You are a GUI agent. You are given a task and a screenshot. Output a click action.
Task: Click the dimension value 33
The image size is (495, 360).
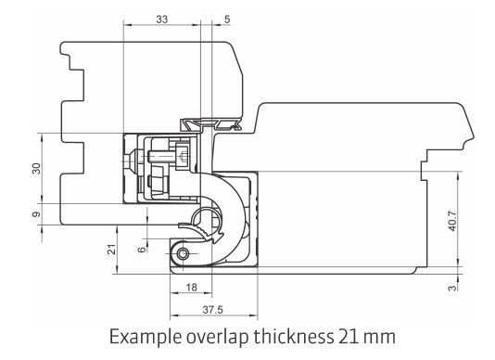[x=162, y=19]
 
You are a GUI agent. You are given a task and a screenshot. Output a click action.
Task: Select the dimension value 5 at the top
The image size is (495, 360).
[x=227, y=19]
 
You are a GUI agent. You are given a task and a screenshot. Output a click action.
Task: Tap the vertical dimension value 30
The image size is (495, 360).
[x=37, y=169]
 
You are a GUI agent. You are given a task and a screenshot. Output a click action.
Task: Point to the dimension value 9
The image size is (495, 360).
[x=37, y=214]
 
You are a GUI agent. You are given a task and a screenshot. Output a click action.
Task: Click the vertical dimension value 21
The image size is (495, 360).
[x=112, y=250]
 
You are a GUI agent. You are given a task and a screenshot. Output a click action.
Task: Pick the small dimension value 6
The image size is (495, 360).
[x=142, y=250]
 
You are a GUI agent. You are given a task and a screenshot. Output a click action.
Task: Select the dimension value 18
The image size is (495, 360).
[x=191, y=288]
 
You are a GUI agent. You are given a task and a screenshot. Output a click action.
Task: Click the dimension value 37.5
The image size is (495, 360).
[x=213, y=310]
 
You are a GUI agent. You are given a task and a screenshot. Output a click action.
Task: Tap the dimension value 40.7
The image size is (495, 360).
[x=452, y=221]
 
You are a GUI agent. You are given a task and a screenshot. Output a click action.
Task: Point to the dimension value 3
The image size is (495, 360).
[x=452, y=288]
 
